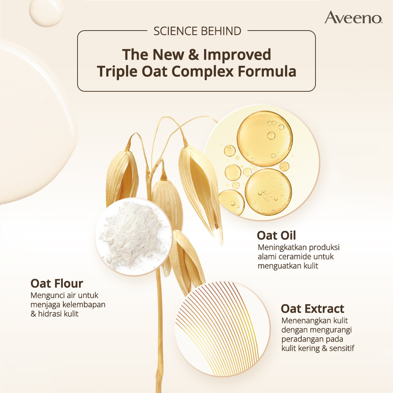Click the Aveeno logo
pos(353,18)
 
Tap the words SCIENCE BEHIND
pos(197,31)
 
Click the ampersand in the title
pos(193,55)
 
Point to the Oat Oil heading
pos(276,235)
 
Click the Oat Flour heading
pos(57,284)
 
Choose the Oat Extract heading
pos(312,309)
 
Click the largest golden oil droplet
pos(264,139)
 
